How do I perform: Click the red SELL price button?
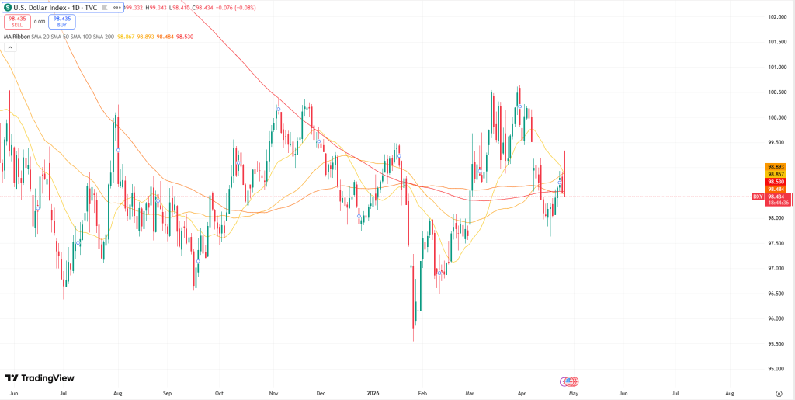point(17,22)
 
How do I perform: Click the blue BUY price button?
point(61,22)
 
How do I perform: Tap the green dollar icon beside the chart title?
point(7,7)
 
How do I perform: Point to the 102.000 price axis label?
point(777,16)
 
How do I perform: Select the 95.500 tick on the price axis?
point(777,343)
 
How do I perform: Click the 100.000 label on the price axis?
point(777,117)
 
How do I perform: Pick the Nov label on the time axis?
point(273,394)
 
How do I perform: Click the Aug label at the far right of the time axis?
point(730,394)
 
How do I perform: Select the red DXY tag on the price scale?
point(758,197)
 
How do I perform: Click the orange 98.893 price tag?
point(776,166)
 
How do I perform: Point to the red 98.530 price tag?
point(776,181)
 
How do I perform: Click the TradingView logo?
point(40,378)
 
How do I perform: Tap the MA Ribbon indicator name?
point(16,37)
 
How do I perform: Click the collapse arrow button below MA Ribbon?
point(9,47)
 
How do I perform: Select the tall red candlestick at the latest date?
point(564,172)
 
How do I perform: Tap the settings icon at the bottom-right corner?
point(778,394)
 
